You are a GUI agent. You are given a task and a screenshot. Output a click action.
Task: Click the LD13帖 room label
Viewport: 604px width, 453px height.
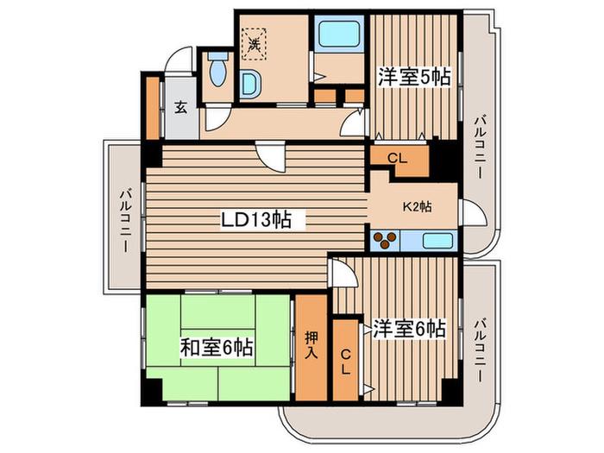click(x=255, y=219)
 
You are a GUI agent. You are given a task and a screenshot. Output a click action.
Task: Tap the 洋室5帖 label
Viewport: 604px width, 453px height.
click(x=414, y=77)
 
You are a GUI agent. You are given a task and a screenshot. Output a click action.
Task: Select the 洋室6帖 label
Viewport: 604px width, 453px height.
click(x=410, y=329)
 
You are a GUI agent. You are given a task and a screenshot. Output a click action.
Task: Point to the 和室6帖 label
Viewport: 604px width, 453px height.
click(x=217, y=348)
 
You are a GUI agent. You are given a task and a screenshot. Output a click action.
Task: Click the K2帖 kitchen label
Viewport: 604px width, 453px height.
click(x=417, y=207)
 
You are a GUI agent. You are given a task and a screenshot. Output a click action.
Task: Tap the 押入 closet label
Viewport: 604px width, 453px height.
click(x=311, y=345)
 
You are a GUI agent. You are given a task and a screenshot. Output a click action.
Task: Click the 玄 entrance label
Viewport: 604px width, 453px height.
click(x=181, y=108)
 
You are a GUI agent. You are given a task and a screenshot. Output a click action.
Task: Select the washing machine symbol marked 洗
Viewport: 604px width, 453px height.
click(x=254, y=44)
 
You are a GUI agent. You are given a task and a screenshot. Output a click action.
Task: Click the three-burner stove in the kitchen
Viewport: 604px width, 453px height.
click(x=385, y=241)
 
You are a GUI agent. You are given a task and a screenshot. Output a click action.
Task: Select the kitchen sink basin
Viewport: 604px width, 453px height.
click(x=437, y=241)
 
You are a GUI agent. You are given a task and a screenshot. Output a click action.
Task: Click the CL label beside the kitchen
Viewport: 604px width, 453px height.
click(x=397, y=158)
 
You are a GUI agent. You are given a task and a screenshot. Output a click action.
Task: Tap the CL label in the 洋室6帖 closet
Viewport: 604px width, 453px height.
click(x=345, y=362)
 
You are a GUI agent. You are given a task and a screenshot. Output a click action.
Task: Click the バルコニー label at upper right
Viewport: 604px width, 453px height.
click(x=480, y=147)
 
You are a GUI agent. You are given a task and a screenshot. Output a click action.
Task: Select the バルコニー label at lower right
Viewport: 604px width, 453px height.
click(x=480, y=349)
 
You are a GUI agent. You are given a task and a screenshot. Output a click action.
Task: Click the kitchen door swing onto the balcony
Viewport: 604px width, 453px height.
click(x=474, y=212)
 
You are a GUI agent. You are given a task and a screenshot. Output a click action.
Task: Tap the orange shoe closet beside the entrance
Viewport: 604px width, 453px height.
click(x=153, y=108)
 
